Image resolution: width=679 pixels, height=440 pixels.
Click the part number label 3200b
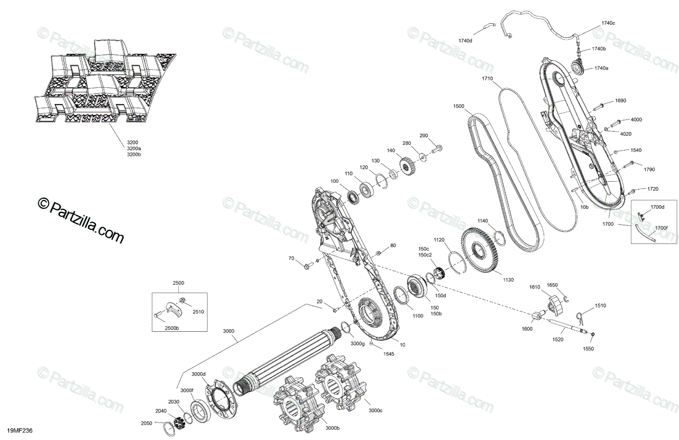(x=134, y=154)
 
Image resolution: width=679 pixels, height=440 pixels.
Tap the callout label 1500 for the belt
(x=458, y=106)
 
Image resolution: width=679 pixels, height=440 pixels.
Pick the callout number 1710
(x=487, y=78)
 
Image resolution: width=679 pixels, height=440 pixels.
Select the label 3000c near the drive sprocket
(x=375, y=411)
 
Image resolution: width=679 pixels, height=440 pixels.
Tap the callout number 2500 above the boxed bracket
(x=178, y=282)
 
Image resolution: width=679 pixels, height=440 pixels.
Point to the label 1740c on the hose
(x=608, y=23)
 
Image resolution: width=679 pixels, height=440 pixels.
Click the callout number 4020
(x=625, y=134)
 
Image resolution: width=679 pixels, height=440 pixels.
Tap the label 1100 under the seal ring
(x=418, y=315)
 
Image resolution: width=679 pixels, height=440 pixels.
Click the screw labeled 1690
(x=601, y=105)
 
